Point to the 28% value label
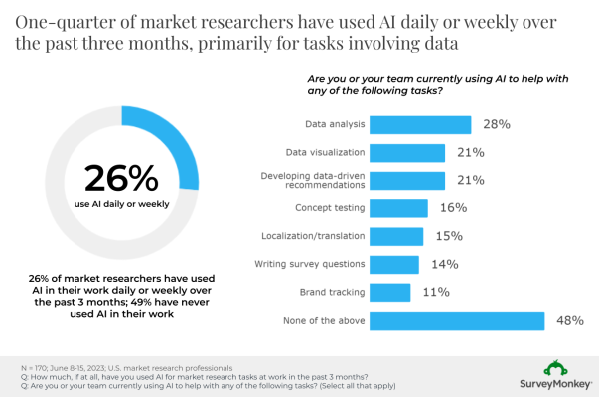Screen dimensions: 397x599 tap(497, 124)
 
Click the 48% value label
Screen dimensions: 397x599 tap(570, 320)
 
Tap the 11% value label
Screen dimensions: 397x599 tap(436, 292)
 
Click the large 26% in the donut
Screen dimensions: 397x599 tap(121, 178)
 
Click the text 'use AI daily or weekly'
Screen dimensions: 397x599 tap(121, 205)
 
